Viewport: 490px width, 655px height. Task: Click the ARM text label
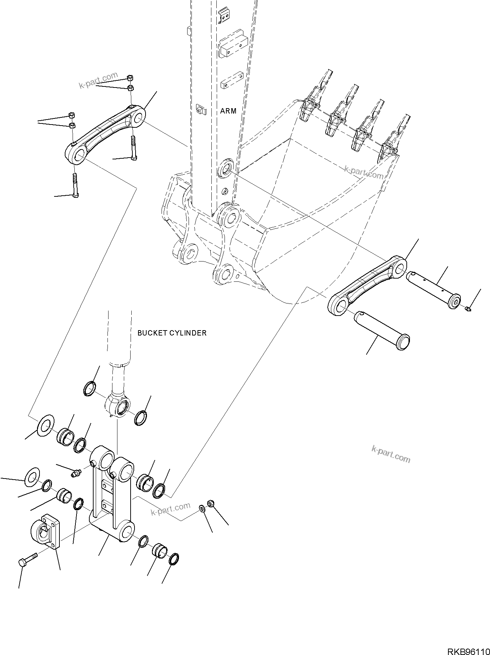coord(228,111)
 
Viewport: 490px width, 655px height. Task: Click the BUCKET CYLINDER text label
coord(172,333)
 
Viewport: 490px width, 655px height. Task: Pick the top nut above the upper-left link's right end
coord(130,77)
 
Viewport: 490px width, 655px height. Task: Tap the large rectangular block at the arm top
coord(233,44)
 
